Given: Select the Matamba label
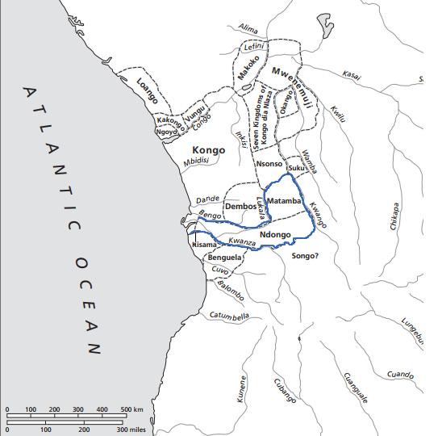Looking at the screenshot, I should (x=282, y=199).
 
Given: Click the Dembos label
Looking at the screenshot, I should (x=240, y=207).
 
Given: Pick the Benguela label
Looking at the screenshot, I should (x=224, y=258).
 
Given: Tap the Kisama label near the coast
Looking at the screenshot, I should (x=203, y=244).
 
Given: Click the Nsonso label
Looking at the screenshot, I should (x=267, y=164).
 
